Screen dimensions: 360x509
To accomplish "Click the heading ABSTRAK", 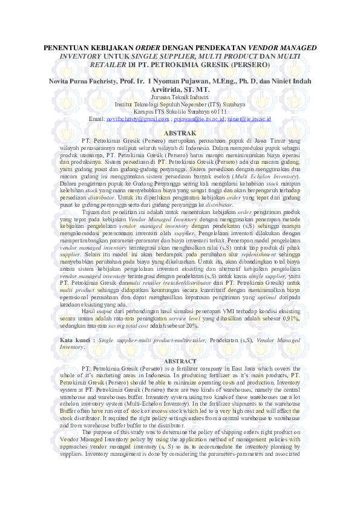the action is [180, 132].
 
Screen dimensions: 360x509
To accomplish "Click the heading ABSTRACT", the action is [180, 361].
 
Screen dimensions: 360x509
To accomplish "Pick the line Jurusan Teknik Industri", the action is [180, 97].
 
